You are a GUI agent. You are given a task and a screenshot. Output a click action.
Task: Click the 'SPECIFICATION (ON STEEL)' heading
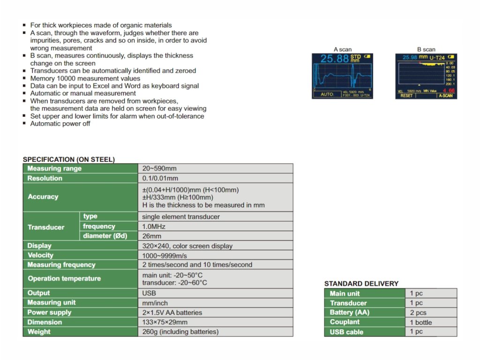pyautogui.click(x=69, y=159)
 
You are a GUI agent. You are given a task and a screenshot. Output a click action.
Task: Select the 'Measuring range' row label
pyautogui.click(x=54, y=169)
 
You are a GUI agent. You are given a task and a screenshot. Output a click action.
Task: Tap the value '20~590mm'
pyautogui.click(x=159, y=169)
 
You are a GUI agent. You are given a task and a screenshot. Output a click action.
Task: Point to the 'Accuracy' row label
pyautogui.click(x=43, y=197)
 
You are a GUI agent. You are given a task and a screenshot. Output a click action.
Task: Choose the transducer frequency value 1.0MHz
pyautogui.click(x=154, y=226)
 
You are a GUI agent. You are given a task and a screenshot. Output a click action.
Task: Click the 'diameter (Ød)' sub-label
pyautogui.click(x=105, y=236)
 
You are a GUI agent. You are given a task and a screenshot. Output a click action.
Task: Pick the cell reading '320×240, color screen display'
pyautogui.click(x=187, y=246)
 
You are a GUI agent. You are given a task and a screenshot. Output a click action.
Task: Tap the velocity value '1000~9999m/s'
pyautogui.click(x=164, y=255)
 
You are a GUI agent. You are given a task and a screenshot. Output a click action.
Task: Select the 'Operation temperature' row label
pyautogui.click(x=64, y=278)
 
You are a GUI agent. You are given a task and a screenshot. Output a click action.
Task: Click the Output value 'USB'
pyautogui.click(x=149, y=293)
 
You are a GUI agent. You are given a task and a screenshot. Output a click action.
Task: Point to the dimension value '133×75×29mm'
pyautogui.click(x=165, y=322)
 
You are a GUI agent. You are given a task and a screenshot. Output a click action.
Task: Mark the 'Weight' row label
pyautogui.click(x=39, y=332)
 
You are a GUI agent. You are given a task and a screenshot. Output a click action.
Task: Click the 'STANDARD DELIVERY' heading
pyautogui.click(x=361, y=284)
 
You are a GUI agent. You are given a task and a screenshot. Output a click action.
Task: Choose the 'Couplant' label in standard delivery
pyautogui.click(x=345, y=322)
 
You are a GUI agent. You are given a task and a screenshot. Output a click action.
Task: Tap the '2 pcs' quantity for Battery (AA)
pyautogui.click(x=418, y=313)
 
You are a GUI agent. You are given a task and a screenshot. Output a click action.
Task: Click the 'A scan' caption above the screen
pyautogui.click(x=343, y=49)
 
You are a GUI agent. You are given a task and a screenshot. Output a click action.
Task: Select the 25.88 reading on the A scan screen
pyautogui.click(x=335, y=59)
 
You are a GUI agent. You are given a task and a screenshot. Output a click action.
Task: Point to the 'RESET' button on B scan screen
pyautogui.click(x=406, y=96)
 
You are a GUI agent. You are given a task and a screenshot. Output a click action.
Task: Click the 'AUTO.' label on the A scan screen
pyautogui.click(x=327, y=94)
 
